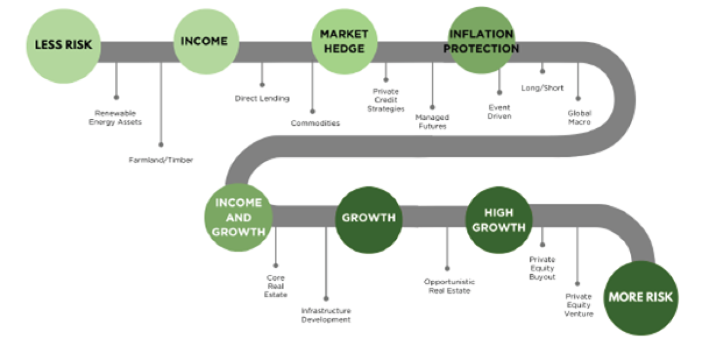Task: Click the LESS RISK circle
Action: pyautogui.click(x=64, y=46)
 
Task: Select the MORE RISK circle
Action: pyautogui.click(x=641, y=298)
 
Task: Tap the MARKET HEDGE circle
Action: pyautogui.click(x=344, y=41)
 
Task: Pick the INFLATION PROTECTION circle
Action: pyautogui.click(x=482, y=41)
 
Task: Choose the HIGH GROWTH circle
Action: pyautogui.click(x=499, y=220)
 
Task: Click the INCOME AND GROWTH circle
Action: pyautogui.click(x=238, y=218)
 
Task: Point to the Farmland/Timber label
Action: pyautogui.click(x=161, y=160)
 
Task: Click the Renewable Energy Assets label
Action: pyautogui.click(x=115, y=118)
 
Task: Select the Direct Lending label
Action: pyautogui.click(x=262, y=99)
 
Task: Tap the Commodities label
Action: pyautogui.click(x=316, y=123)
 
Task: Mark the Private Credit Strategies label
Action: pyautogui.click(x=386, y=100)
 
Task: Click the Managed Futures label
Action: pyautogui.click(x=432, y=122)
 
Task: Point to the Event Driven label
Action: pyautogui.click(x=499, y=112)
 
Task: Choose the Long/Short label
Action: pyautogui.click(x=542, y=88)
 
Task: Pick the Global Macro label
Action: pyautogui.click(x=580, y=118)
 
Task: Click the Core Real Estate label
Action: pyautogui.click(x=276, y=286)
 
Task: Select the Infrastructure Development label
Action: pyautogui.click(x=326, y=315)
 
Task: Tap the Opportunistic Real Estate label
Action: pyautogui.click(x=450, y=286)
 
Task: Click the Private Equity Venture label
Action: pyautogui.click(x=578, y=305)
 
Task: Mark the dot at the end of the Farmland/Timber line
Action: pyautogui.click(x=161, y=145)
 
